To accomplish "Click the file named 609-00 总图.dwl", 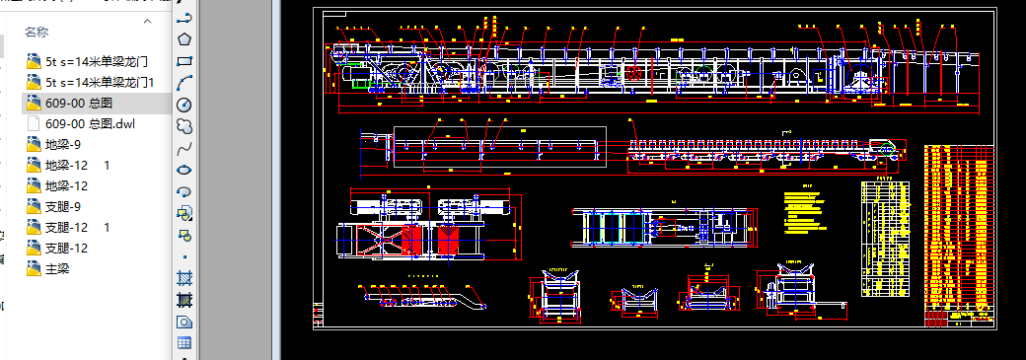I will [89, 123].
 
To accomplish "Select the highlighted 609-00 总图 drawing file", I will [79, 103].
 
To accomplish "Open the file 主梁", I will [57, 268].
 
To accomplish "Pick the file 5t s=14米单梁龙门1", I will [100, 82].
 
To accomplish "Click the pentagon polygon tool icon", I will [183, 39].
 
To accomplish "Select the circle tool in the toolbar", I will [183, 104].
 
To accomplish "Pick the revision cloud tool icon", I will [183, 126].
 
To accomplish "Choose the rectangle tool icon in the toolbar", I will [183, 61].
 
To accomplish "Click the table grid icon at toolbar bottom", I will [183, 342].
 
